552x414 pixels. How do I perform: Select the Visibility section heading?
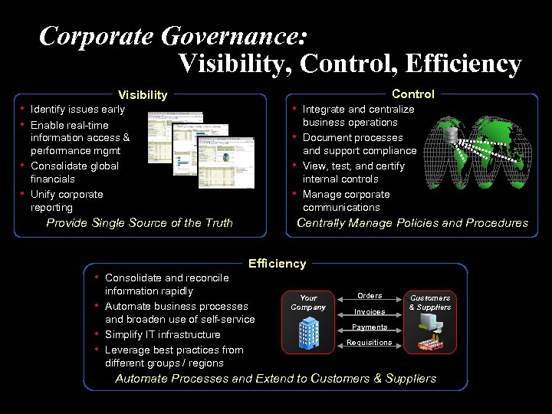point(142,95)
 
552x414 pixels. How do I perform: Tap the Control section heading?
point(412,94)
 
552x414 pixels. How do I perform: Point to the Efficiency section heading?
point(277,264)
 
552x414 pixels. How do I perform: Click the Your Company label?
point(308,302)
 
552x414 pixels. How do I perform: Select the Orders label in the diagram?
point(370,296)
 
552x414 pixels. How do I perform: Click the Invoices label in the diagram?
point(370,312)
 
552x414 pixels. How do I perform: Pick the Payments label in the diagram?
point(370,327)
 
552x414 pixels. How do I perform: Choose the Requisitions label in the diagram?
point(370,343)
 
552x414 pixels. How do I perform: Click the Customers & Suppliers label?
point(430,302)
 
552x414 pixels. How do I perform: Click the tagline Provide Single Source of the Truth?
point(140,223)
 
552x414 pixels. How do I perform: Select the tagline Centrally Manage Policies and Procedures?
point(412,223)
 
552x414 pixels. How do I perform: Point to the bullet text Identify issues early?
point(77,110)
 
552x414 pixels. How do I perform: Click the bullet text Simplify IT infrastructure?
point(163,334)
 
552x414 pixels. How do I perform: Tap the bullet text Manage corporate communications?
point(346,201)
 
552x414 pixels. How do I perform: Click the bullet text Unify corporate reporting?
point(67,201)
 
